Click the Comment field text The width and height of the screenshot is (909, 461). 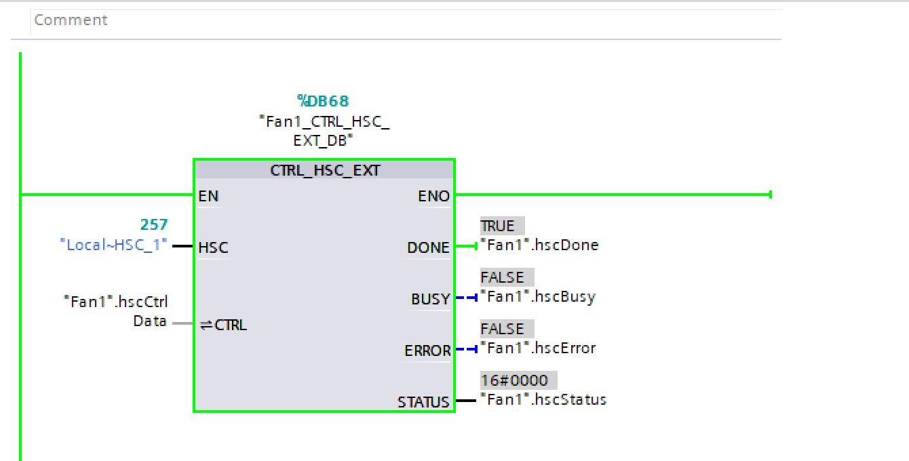pos(71,20)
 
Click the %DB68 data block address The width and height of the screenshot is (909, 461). pos(323,101)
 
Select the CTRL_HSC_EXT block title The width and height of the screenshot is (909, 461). pos(325,170)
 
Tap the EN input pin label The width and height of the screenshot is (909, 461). pos(208,197)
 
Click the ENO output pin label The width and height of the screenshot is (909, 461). pos(433,197)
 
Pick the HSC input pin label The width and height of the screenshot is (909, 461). pos(213,248)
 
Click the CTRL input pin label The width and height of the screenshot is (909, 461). pos(224,325)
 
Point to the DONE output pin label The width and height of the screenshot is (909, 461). pos(428,248)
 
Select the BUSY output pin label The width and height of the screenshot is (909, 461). pos(430,300)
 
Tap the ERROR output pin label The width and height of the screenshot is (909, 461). pos(427,351)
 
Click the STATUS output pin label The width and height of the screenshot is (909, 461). pos(423,403)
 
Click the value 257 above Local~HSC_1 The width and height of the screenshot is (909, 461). pos(154,225)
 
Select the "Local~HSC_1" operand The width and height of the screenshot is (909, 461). pos(114,245)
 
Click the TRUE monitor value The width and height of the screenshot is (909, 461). pos(498,226)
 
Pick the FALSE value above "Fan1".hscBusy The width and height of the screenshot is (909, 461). pos(503,277)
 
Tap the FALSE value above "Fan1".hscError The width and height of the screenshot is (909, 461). pos(503,329)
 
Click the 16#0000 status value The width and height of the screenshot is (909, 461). pos(514,380)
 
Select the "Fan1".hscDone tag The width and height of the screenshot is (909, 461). pos(539,245)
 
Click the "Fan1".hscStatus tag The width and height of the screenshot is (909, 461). pos(543,400)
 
